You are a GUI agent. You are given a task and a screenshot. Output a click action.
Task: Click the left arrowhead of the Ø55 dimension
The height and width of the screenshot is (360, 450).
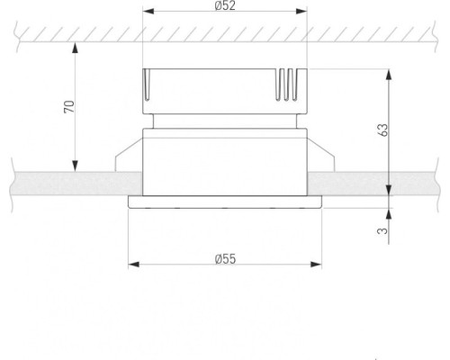pos(133,265)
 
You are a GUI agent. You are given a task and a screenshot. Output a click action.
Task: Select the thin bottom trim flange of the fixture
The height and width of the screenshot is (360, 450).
pos(225,202)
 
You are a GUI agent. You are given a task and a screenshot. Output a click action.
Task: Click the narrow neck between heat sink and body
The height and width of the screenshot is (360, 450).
pos(225,120)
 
